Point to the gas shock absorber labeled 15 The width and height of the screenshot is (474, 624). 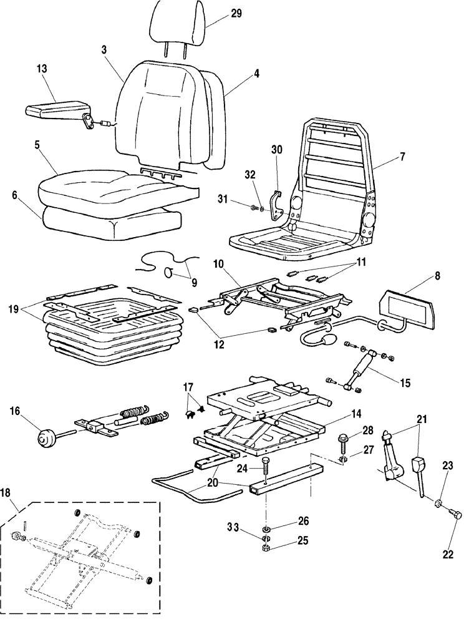tap(358, 373)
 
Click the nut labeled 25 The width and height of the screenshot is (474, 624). tap(266, 548)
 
